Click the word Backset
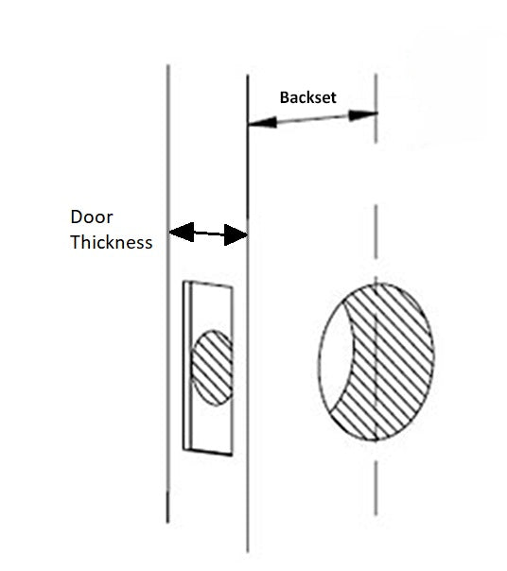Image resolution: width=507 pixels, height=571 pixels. coord(308,97)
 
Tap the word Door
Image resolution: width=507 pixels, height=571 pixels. coord(92,217)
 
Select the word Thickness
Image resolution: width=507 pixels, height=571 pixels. coord(112,242)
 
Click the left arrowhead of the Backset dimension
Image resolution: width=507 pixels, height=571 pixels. coord(262,122)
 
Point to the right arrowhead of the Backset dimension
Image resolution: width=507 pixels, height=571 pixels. coord(363,115)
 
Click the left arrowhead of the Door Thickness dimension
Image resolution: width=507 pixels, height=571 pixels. coord(182,232)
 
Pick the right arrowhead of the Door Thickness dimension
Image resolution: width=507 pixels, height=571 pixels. coord(236,234)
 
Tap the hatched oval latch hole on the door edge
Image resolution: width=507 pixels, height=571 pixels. coord(212,368)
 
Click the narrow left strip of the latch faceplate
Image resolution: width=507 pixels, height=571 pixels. coord(187,366)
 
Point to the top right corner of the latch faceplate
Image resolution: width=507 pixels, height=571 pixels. coord(233,287)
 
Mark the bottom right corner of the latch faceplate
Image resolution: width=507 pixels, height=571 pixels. coord(232,456)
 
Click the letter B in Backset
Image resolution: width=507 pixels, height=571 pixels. coord(284,97)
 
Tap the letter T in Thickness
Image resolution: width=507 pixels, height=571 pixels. coord(76,243)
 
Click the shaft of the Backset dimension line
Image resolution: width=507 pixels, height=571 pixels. coord(313,119)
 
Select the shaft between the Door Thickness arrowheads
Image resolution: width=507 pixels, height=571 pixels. coord(209,234)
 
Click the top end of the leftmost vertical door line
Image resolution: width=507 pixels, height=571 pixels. coord(167,65)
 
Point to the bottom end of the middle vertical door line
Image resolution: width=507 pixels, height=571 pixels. coord(248,552)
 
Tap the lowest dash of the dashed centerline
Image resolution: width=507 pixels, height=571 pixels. coord(376,489)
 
